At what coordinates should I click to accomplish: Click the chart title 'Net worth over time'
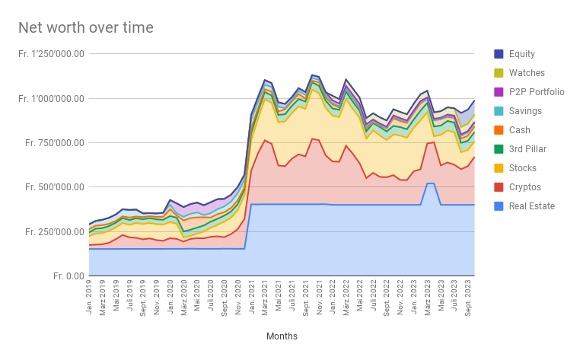click(86, 28)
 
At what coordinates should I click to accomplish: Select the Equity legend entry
click(521, 54)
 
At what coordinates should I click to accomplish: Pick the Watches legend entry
click(527, 73)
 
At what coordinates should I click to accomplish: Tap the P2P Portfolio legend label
click(537, 92)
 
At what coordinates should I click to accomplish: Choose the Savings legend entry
click(526, 111)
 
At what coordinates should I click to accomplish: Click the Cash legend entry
click(520, 130)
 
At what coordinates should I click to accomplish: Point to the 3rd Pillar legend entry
click(527, 149)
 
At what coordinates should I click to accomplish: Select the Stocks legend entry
click(523, 168)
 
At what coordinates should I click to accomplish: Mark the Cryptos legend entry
click(524, 187)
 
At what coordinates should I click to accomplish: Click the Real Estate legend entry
click(530, 206)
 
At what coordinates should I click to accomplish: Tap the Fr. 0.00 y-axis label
click(65, 276)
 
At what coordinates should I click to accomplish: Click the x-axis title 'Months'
click(282, 336)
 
